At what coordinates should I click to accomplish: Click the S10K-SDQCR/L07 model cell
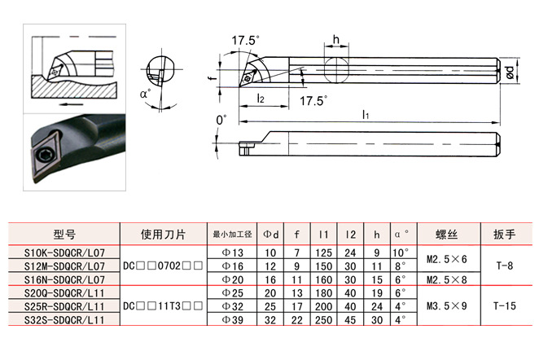[x=64, y=252]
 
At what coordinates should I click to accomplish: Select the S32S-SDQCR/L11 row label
[x=64, y=320]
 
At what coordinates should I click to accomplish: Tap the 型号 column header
[x=64, y=235]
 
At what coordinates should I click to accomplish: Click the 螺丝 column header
[x=446, y=235]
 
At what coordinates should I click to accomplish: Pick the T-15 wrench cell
[x=504, y=305]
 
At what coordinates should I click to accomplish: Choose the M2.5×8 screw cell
[x=446, y=279]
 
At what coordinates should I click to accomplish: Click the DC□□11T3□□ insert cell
[x=163, y=305]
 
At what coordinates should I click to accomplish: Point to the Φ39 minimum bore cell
[x=233, y=320]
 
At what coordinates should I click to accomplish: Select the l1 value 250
[x=323, y=320]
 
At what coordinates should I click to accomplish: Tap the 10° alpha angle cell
[x=400, y=252]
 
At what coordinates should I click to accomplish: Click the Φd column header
[x=271, y=235]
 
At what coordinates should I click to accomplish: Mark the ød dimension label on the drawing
[x=511, y=72]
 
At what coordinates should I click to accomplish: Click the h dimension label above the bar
[x=335, y=40]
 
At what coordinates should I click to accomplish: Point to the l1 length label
[x=366, y=115]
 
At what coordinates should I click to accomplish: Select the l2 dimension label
[x=261, y=99]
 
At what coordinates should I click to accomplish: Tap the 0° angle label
[x=221, y=120]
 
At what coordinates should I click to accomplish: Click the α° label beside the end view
[x=146, y=94]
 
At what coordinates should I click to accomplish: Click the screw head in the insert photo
[x=44, y=156]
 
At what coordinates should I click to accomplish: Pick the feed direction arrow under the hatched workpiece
[x=71, y=104]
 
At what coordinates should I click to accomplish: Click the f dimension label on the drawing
[x=213, y=77]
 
